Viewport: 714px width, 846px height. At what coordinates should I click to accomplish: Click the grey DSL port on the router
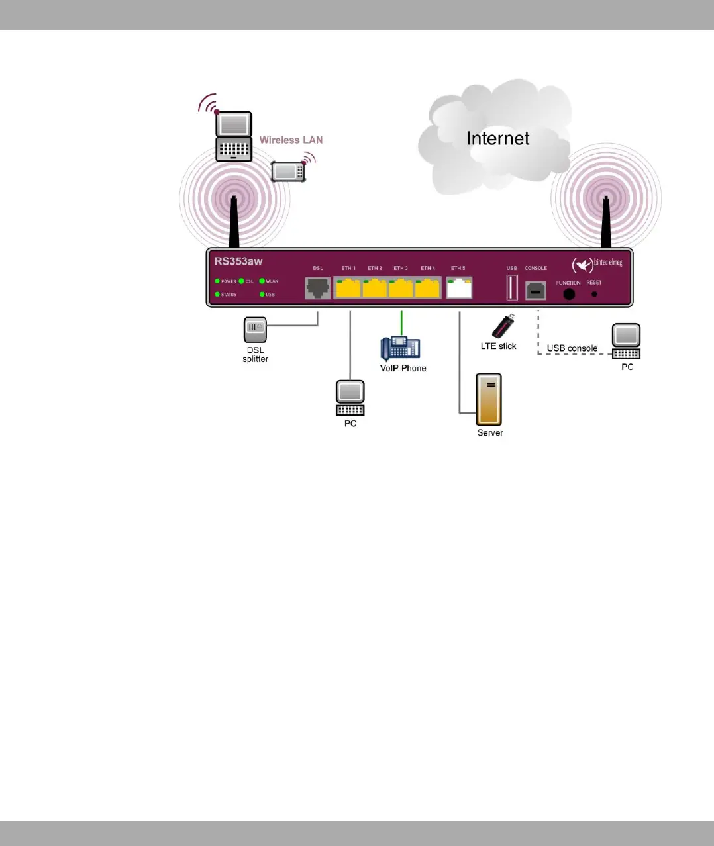click(318, 288)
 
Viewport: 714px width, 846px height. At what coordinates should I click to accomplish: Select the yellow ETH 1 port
click(348, 288)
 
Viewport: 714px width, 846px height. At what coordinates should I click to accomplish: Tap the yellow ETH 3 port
click(401, 288)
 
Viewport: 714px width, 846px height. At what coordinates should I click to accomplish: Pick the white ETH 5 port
click(459, 288)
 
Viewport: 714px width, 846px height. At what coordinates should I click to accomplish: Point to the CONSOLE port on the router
click(536, 290)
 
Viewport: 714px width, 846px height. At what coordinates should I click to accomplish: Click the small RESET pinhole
click(594, 293)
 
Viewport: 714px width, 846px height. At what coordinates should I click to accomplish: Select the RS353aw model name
click(238, 261)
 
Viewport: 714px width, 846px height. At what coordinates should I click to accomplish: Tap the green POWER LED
click(217, 281)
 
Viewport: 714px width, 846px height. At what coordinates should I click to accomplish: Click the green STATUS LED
click(217, 295)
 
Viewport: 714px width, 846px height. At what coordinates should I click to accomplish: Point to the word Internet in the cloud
click(498, 138)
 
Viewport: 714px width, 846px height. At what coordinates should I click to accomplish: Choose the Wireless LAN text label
click(291, 140)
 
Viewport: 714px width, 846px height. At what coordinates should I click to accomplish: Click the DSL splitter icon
click(255, 330)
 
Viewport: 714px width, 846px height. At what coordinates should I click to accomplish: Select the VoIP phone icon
click(400, 348)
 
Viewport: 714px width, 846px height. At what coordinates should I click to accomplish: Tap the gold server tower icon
click(489, 400)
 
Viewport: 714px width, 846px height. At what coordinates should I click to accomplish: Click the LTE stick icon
click(503, 326)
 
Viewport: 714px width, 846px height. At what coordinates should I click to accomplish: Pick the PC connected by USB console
click(626, 341)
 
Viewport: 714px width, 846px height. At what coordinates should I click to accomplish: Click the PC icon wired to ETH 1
click(350, 398)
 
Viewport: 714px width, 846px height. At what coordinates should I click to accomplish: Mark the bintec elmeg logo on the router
click(597, 264)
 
